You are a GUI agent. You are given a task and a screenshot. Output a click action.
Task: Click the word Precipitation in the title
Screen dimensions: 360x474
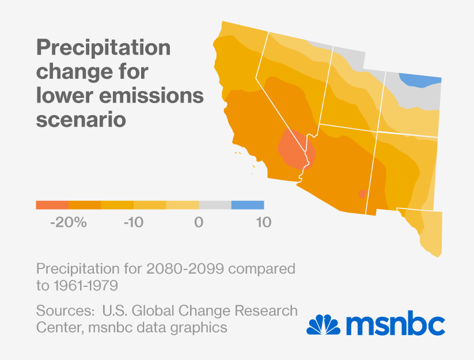[103, 48]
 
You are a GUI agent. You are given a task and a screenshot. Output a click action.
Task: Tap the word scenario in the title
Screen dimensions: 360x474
[81, 120]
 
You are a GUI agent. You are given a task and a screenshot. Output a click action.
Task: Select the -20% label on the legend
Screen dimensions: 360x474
[68, 222]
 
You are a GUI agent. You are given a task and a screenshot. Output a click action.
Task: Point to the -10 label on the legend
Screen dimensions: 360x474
[133, 222]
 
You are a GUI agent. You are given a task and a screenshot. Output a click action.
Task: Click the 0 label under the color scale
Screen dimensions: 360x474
[199, 222]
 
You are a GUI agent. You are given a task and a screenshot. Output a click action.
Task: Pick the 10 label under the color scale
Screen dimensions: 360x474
[263, 222]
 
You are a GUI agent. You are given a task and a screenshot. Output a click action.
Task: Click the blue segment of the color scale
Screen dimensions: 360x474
[248, 204]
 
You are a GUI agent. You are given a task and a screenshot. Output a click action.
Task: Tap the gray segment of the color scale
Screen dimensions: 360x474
[215, 204]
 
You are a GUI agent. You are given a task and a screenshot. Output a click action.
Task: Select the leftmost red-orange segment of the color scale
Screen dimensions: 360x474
[52, 204]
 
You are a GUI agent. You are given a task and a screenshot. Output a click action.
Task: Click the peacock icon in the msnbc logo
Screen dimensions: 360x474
[323, 324]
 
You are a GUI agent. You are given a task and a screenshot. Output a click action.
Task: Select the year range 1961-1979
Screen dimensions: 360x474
[86, 285]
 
